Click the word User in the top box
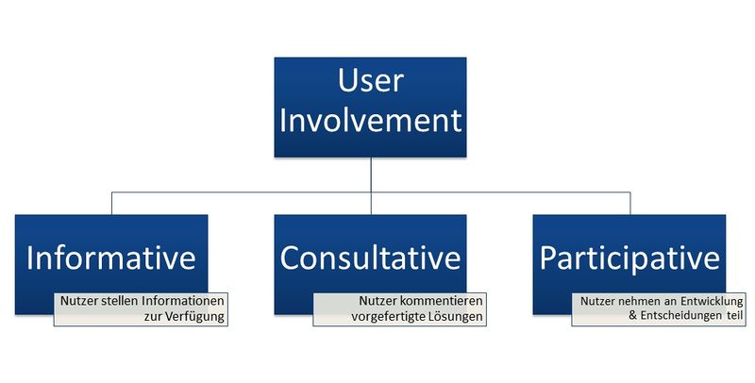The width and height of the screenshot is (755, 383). point(370,80)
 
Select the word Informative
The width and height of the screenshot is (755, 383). point(111,258)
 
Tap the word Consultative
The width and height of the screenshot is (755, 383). point(370,258)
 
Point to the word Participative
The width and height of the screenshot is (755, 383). point(629,258)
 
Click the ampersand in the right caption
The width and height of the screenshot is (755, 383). point(633,317)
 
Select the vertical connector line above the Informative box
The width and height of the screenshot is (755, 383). point(111,204)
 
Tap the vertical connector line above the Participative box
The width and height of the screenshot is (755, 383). point(630,204)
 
